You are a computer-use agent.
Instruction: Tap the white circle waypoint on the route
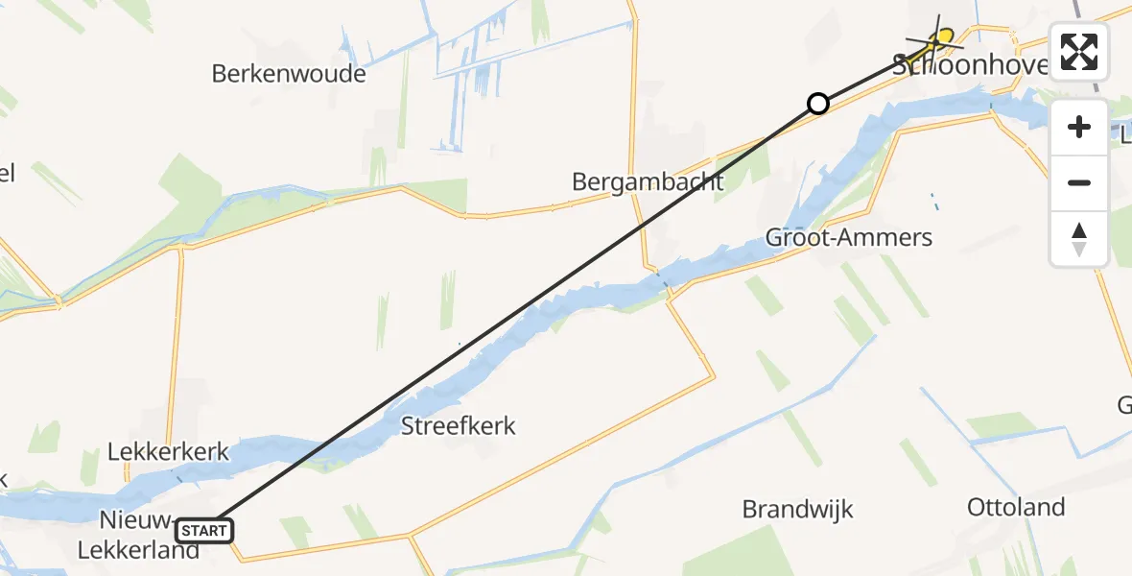[817, 103]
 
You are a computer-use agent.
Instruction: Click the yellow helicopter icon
[943, 39]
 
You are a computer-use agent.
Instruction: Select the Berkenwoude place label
[289, 73]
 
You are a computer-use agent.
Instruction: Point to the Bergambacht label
[648, 181]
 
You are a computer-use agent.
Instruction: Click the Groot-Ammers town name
[849, 237]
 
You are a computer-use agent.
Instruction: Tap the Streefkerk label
[459, 426]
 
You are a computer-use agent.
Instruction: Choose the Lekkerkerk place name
[169, 451]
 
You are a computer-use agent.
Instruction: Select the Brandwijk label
[797, 509]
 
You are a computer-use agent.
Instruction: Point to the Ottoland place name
[1016, 507]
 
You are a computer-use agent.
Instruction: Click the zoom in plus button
[1079, 127]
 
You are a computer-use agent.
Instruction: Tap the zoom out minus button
[1079, 182]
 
